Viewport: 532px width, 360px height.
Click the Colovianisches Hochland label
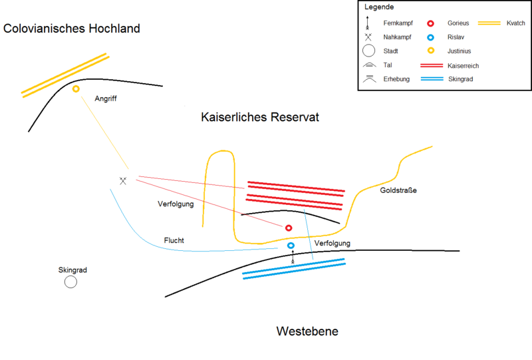point(72,29)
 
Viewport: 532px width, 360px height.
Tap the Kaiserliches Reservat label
point(260,117)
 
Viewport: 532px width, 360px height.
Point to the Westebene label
point(307,331)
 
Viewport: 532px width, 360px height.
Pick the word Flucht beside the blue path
point(174,240)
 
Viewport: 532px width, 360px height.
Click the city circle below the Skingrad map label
point(70,282)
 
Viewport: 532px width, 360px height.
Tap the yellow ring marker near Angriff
point(76,89)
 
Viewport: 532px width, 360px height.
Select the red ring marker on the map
point(289,228)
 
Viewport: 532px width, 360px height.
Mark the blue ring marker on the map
point(291,246)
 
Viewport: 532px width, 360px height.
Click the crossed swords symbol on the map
point(123,180)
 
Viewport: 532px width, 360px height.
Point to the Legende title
point(378,7)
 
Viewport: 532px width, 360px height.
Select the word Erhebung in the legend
point(397,79)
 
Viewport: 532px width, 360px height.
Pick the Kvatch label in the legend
point(515,23)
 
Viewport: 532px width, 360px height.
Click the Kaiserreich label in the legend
point(463,66)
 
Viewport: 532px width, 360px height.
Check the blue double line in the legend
point(432,79)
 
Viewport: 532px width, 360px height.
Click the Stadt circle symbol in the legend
point(368,51)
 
